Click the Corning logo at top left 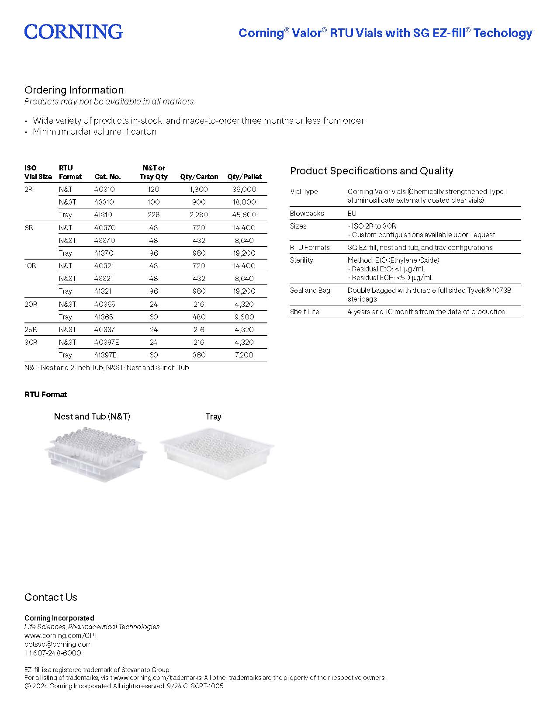[73, 32]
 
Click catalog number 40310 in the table [104, 189]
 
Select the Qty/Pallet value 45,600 [244, 215]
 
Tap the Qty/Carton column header [199, 177]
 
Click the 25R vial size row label [31, 329]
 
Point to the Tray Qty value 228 [153, 215]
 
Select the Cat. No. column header [107, 177]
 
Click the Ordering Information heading [74, 90]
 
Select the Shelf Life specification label [304, 312]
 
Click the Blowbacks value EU [352, 213]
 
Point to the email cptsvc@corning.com [58, 644]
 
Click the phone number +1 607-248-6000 [53, 653]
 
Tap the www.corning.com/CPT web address [61, 635]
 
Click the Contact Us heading [51, 597]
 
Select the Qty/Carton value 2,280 [199, 215]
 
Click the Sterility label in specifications [301, 260]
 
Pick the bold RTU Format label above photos [45, 395]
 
